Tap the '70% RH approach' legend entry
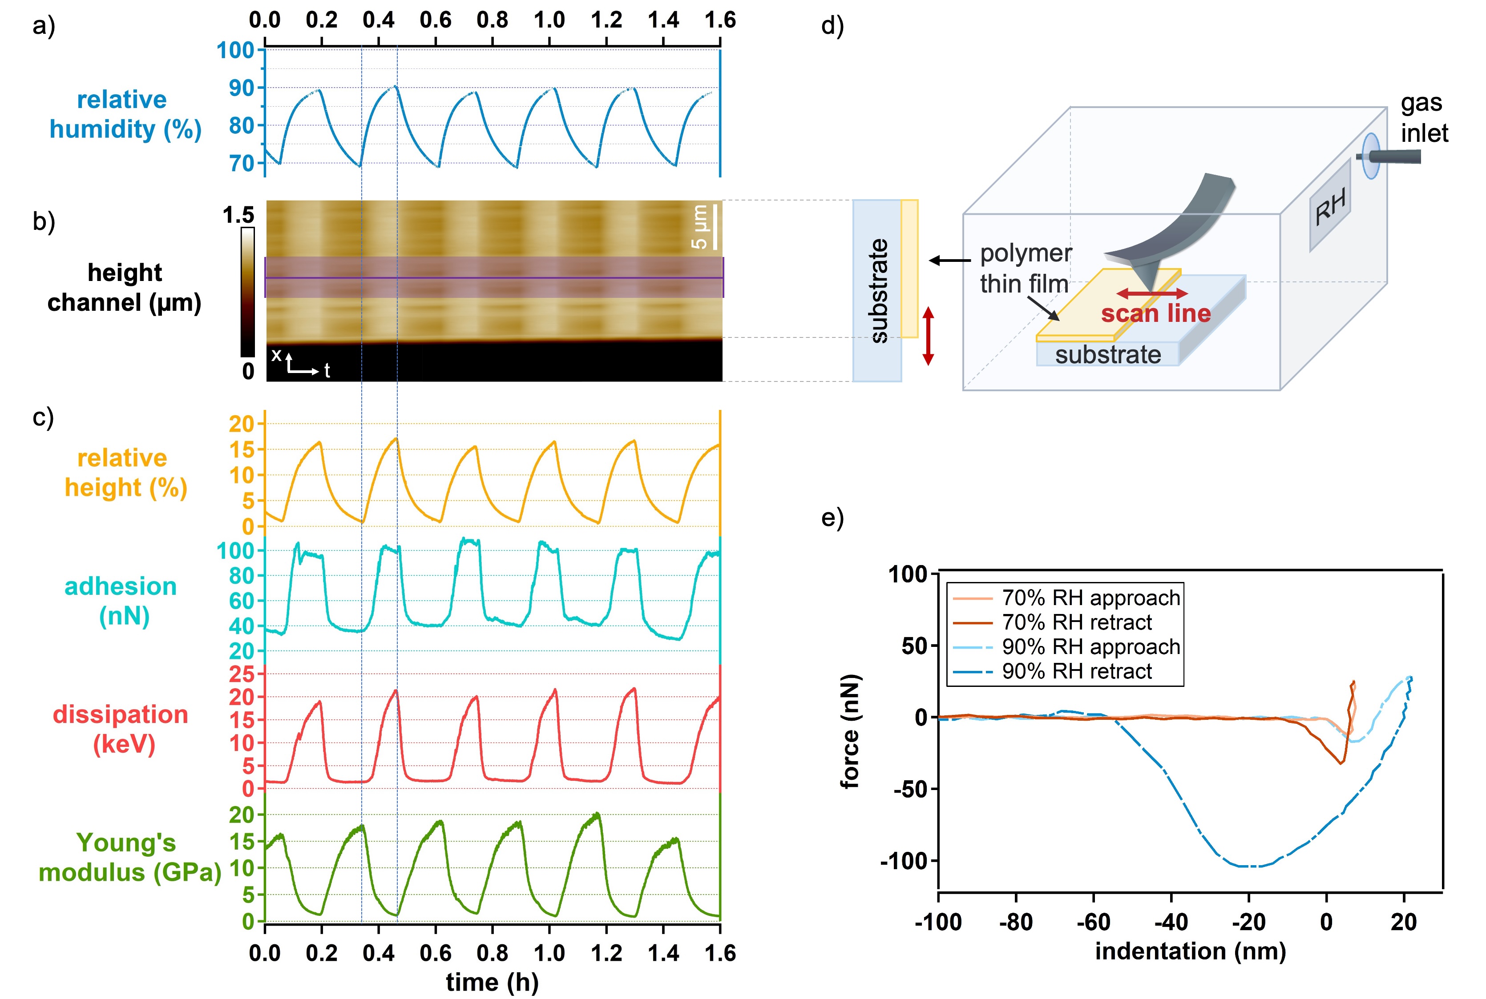point(1090,598)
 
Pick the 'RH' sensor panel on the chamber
point(1330,206)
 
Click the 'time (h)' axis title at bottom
point(492,982)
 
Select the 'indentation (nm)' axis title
point(1190,951)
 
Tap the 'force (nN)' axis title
point(850,731)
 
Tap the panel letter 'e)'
point(832,518)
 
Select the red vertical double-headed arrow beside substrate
point(928,336)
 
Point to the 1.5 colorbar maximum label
point(238,215)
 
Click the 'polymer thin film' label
point(1025,268)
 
